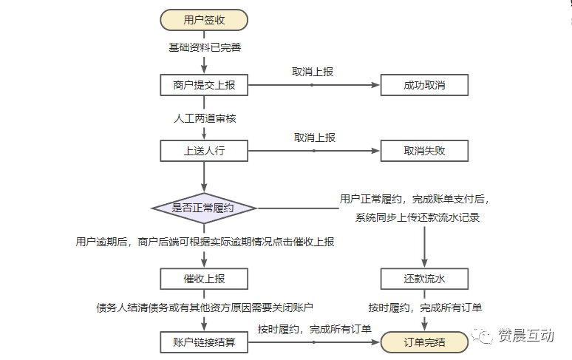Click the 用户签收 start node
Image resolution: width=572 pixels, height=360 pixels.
point(204,20)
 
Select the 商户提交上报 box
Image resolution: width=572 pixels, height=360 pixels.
point(204,85)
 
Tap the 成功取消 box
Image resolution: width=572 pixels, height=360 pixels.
point(424,85)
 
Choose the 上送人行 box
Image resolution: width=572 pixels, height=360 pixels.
point(204,151)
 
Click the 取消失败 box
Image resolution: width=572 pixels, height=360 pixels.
point(424,151)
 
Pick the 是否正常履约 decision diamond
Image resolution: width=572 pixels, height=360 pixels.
point(204,208)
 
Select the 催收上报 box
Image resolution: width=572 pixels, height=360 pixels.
point(204,279)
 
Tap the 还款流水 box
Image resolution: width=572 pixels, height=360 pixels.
point(424,279)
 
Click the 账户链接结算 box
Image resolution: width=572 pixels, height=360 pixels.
point(204,342)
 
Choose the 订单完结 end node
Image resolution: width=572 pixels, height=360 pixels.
point(424,342)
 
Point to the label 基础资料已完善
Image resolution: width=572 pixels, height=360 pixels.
point(204,48)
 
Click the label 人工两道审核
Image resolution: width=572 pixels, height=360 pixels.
point(205,118)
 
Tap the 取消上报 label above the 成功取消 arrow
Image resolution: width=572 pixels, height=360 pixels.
point(313,72)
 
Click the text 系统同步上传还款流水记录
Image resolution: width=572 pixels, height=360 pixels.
point(418,217)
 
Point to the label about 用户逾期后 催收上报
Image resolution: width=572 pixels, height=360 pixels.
point(205,242)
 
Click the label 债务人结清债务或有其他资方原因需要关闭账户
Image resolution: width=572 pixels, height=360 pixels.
point(205,307)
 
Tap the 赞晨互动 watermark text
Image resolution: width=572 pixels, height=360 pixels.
point(525,336)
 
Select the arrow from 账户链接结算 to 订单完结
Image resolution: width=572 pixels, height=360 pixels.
point(315,342)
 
